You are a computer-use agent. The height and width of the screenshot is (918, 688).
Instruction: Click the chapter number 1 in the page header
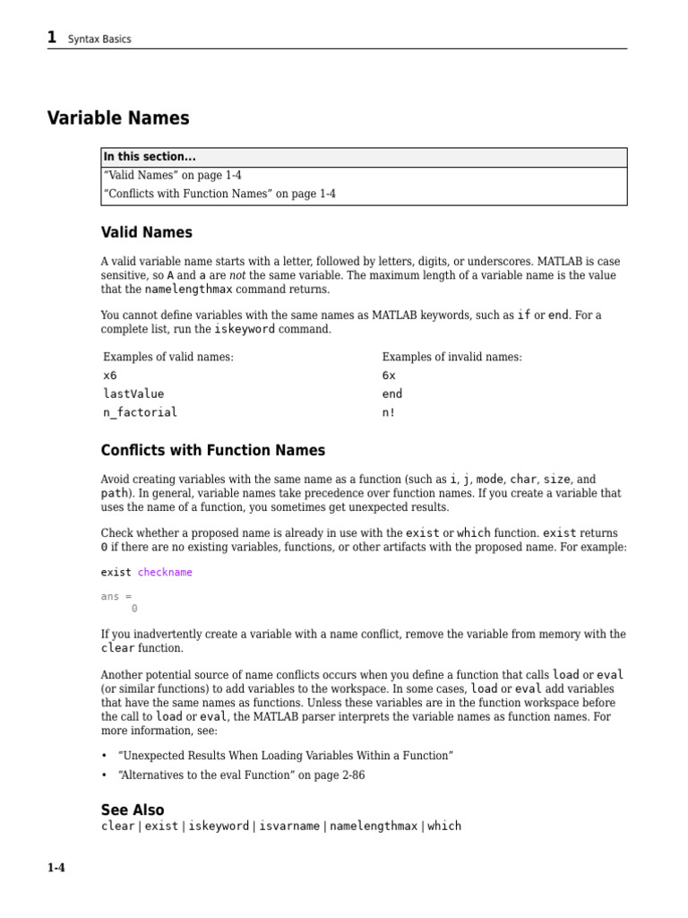point(52,37)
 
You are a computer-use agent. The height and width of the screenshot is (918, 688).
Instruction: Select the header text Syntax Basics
point(99,39)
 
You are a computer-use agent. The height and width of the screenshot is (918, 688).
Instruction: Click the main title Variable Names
point(118,118)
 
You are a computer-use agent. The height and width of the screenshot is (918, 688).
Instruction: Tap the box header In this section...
point(150,157)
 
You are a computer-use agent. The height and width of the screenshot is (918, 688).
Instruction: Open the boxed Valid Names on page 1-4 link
point(173,176)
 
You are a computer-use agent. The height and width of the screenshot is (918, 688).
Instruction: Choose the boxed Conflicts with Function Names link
point(219,194)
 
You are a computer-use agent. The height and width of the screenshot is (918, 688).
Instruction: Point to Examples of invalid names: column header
point(451,357)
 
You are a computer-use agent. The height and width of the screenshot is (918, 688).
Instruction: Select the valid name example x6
point(110,376)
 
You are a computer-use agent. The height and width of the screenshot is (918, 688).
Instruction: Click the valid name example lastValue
point(133,394)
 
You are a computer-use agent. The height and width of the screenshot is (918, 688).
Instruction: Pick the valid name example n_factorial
point(140,412)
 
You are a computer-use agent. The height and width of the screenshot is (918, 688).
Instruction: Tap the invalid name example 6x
point(389,376)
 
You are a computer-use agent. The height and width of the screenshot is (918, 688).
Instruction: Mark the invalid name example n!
point(389,412)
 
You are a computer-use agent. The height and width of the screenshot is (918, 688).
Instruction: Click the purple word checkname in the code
point(165,572)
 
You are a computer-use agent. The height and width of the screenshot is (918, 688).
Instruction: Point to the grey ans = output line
point(116,596)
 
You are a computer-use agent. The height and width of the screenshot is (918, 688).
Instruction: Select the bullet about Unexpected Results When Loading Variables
point(286,756)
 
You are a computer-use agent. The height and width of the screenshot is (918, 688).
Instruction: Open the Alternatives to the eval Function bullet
point(241,775)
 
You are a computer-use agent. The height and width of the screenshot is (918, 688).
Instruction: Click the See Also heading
point(133,810)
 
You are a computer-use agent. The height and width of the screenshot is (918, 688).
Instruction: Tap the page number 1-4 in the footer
point(56,868)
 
